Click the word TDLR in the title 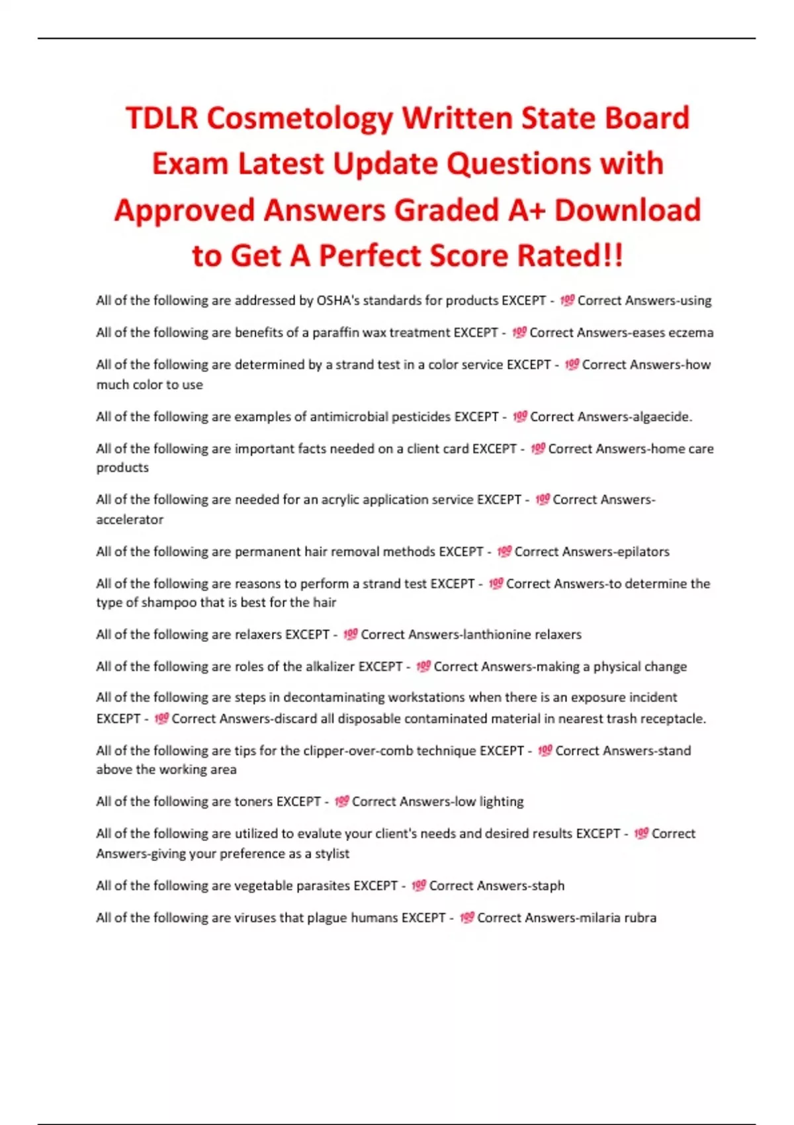coord(161,118)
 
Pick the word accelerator coord(130,520)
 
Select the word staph coord(548,886)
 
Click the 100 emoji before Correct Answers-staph coord(419,886)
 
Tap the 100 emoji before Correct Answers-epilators coord(504,552)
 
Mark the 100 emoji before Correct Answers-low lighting coord(341,802)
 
